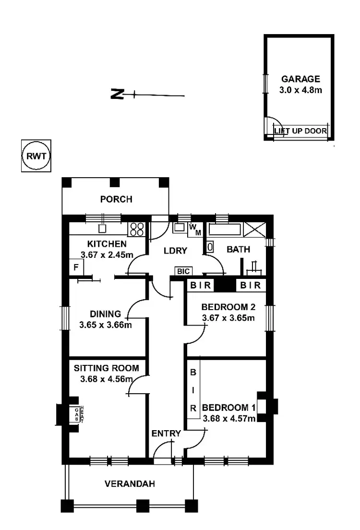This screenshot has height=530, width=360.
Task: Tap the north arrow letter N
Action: click(x=117, y=94)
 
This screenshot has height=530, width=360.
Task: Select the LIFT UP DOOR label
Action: click(x=300, y=131)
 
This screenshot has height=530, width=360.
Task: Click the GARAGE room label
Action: click(x=300, y=79)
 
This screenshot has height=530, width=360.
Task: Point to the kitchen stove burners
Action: click(x=137, y=229)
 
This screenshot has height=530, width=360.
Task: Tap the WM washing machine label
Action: click(x=195, y=230)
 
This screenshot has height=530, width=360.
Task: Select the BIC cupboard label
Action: click(x=183, y=271)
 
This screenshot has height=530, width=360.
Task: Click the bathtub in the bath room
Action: click(x=225, y=229)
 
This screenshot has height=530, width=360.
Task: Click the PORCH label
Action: click(x=116, y=199)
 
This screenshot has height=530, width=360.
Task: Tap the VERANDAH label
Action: click(x=130, y=484)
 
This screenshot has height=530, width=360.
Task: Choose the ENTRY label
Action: click(x=166, y=434)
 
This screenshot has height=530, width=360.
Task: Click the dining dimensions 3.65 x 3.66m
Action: click(x=106, y=325)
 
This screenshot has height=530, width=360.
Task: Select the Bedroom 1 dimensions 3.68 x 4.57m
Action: click(x=229, y=419)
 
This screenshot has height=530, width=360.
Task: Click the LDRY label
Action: click(x=175, y=251)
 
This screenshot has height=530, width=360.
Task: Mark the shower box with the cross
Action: click(x=255, y=230)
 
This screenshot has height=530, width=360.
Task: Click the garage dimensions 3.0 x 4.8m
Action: click(x=300, y=90)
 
